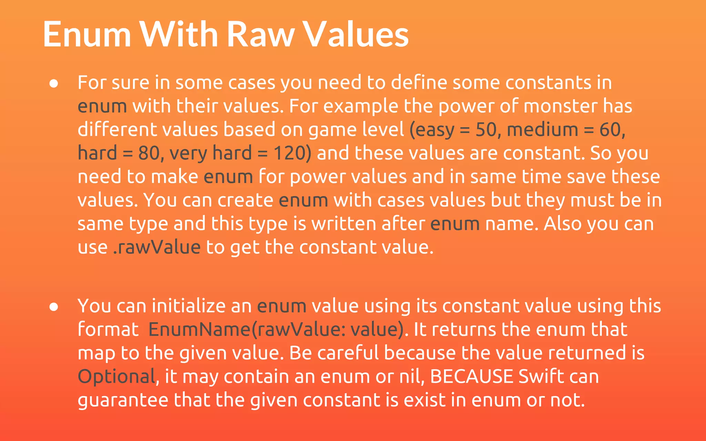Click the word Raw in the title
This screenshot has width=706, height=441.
(x=261, y=34)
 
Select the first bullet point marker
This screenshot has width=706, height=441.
(x=54, y=84)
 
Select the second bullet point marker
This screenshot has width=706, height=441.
(x=54, y=307)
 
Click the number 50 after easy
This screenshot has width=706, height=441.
(x=486, y=130)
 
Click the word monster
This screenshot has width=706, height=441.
(x=560, y=106)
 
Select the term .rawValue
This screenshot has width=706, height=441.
(x=157, y=247)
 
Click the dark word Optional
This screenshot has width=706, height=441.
(x=117, y=377)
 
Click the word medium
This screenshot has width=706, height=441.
(x=542, y=130)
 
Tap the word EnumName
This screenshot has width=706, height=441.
(x=199, y=329)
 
